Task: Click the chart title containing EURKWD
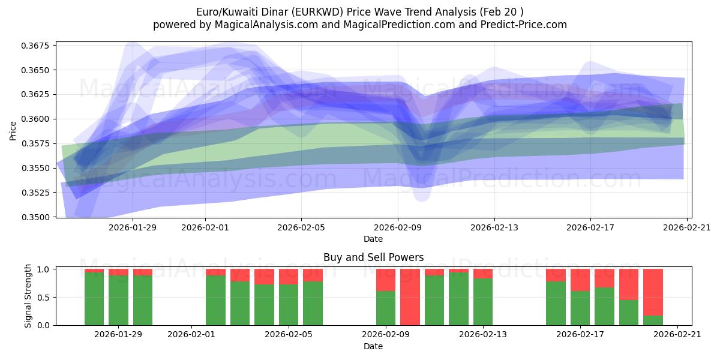click(x=359, y=12)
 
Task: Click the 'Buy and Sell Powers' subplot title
click(x=373, y=257)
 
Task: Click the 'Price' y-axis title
click(x=13, y=130)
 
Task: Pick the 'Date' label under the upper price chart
click(x=373, y=239)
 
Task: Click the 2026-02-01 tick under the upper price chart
click(x=205, y=227)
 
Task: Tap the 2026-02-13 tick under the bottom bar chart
click(x=484, y=335)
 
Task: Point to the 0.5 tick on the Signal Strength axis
click(x=43, y=298)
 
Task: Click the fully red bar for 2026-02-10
click(x=410, y=297)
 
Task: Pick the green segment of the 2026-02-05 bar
click(x=289, y=305)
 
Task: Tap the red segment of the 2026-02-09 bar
click(x=386, y=280)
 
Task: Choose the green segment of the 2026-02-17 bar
click(x=580, y=308)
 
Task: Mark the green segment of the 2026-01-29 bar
click(x=118, y=300)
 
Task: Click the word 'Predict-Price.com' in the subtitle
click(x=524, y=25)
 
